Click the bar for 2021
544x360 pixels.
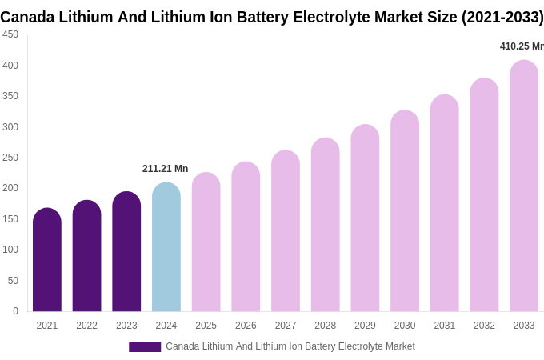click(47, 260)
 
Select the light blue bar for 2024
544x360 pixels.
click(166, 247)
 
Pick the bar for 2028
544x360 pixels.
click(326, 225)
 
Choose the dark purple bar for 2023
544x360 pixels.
click(126, 252)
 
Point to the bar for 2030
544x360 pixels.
click(405, 211)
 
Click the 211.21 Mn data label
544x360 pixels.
click(165, 169)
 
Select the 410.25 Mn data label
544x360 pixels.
click(522, 46)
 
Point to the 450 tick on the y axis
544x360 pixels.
click(10, 34)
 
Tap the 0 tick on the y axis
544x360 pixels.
click(15, 311)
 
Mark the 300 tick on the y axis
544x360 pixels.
click(10, 127)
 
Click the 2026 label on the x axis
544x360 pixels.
click(246, 326)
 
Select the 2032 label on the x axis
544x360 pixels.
click(484, 326)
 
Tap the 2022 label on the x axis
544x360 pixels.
click(86, 326)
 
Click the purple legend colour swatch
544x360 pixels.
click(145, 347)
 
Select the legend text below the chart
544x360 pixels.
click(290, 346)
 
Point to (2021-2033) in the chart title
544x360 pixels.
click(502, 17)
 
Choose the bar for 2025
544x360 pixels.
click(206, 242)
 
